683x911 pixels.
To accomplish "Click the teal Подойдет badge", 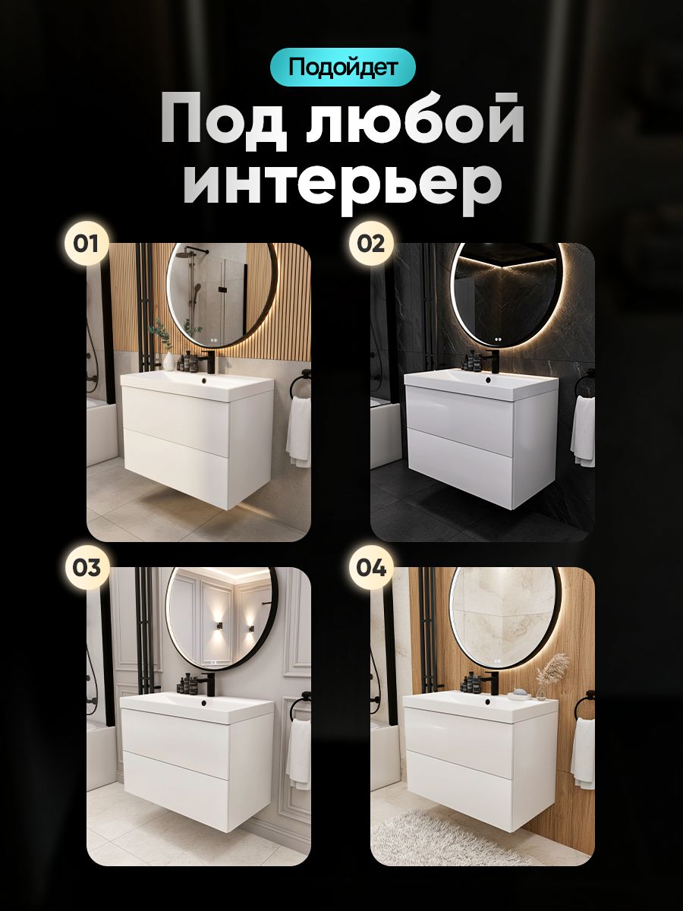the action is point(342,68).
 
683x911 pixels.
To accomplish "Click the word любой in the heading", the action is point(415,122).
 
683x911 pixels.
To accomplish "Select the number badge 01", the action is point(86,244).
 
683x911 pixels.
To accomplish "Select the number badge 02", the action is point(371,244).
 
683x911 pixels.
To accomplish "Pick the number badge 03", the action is point(86,567).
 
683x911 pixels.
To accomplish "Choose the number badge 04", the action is point(371,567).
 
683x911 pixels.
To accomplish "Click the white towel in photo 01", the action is point(299,432).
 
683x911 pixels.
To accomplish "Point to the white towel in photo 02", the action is point(583,432).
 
